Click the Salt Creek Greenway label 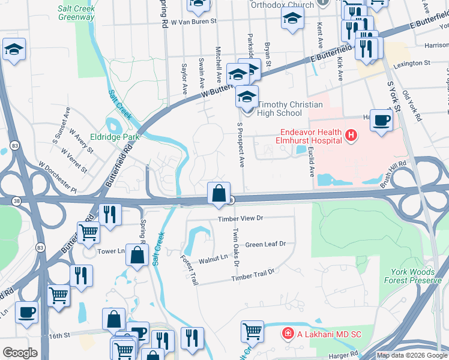point(76,13)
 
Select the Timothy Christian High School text point(290,109)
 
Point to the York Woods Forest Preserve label point(412,276)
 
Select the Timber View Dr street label point(241,220)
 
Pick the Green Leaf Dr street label point(265,244)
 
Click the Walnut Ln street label point(214,257)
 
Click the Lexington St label point(411,62)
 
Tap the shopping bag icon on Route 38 point(219,193)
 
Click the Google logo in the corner point(20,353)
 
